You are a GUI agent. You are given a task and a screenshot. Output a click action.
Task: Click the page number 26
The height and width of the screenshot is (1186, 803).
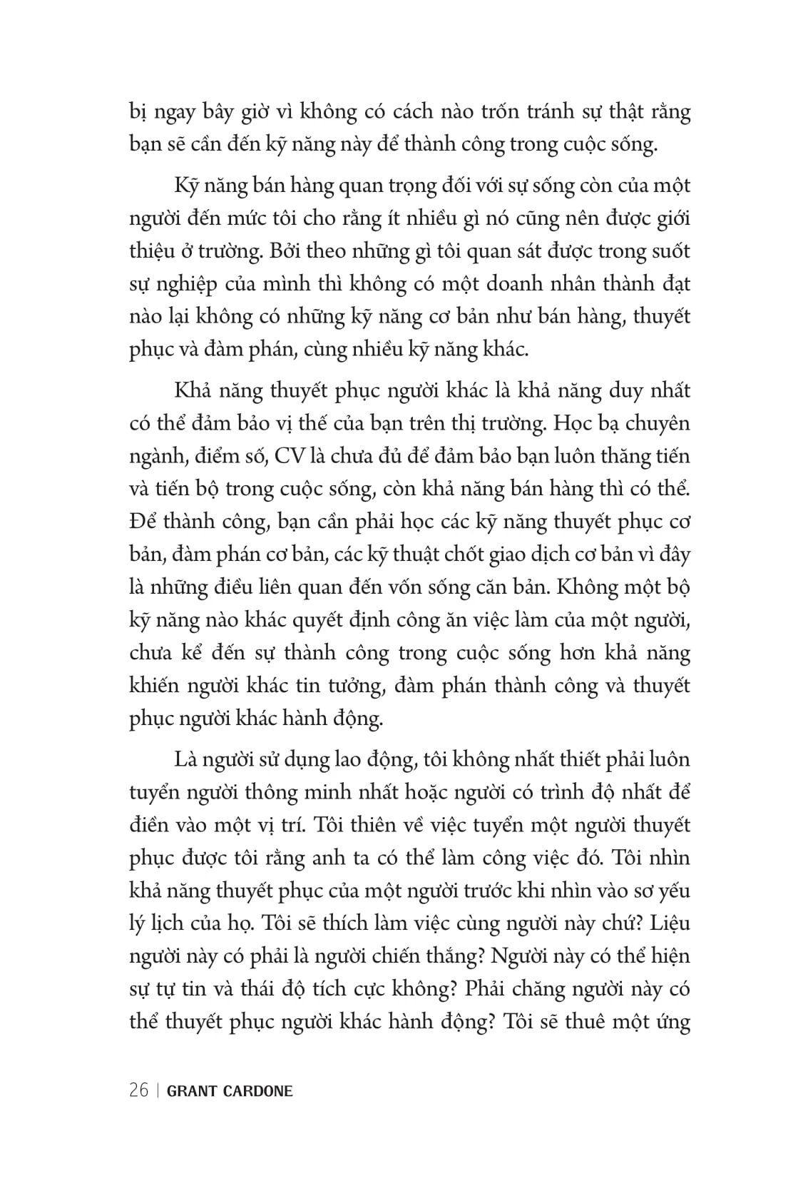pos(139,1090)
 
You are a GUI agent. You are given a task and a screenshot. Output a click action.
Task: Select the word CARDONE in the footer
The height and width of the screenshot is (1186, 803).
pos(257,1091)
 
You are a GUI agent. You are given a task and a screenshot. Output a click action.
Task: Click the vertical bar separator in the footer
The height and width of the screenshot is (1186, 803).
pos(158,1090)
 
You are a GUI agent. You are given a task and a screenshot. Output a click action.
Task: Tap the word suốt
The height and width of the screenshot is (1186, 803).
pos(668,251)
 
